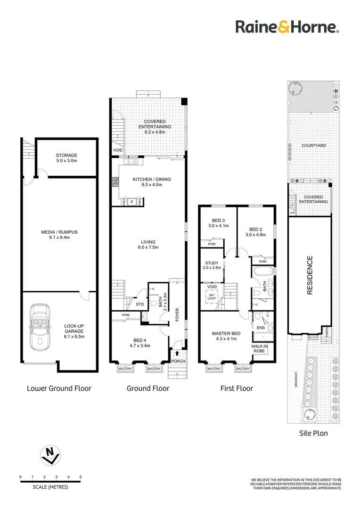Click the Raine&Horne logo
point(287,27)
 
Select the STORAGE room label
point(66,155)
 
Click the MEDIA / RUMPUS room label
point(59,232)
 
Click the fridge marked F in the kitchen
point(132,202)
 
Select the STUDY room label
point(211,263)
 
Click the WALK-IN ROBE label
point(260,348)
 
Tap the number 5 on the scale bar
point(81,477)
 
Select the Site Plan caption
point(313,433)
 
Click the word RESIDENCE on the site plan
point(310,275)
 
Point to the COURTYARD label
point(313,146)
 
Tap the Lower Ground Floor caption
point(59,388)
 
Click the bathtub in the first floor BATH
point(263,272)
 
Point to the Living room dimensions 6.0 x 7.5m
point(148,247)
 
